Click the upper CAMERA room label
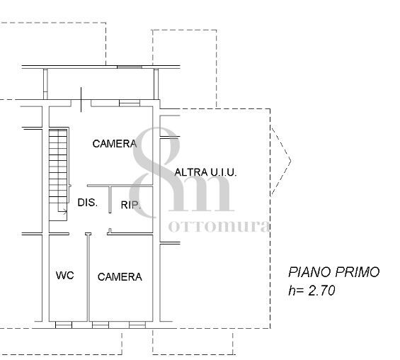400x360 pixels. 115,144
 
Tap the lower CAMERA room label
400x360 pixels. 120,277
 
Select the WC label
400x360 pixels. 65,275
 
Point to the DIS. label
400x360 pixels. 88,203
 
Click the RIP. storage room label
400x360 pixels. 130,205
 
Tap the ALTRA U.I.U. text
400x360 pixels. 205,172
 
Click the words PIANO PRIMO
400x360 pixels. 333,272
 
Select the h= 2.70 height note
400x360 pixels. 312,291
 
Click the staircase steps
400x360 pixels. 58,167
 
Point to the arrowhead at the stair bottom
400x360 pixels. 65,211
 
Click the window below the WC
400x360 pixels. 64,325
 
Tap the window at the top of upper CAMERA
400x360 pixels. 130,103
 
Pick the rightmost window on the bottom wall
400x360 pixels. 137,325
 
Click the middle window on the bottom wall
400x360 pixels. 101,325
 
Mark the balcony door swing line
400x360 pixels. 81,100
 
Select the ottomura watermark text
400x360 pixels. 219,226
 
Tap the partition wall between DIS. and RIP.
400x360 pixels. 110,199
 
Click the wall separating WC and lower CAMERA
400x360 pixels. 88,277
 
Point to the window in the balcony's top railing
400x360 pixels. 130,67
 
